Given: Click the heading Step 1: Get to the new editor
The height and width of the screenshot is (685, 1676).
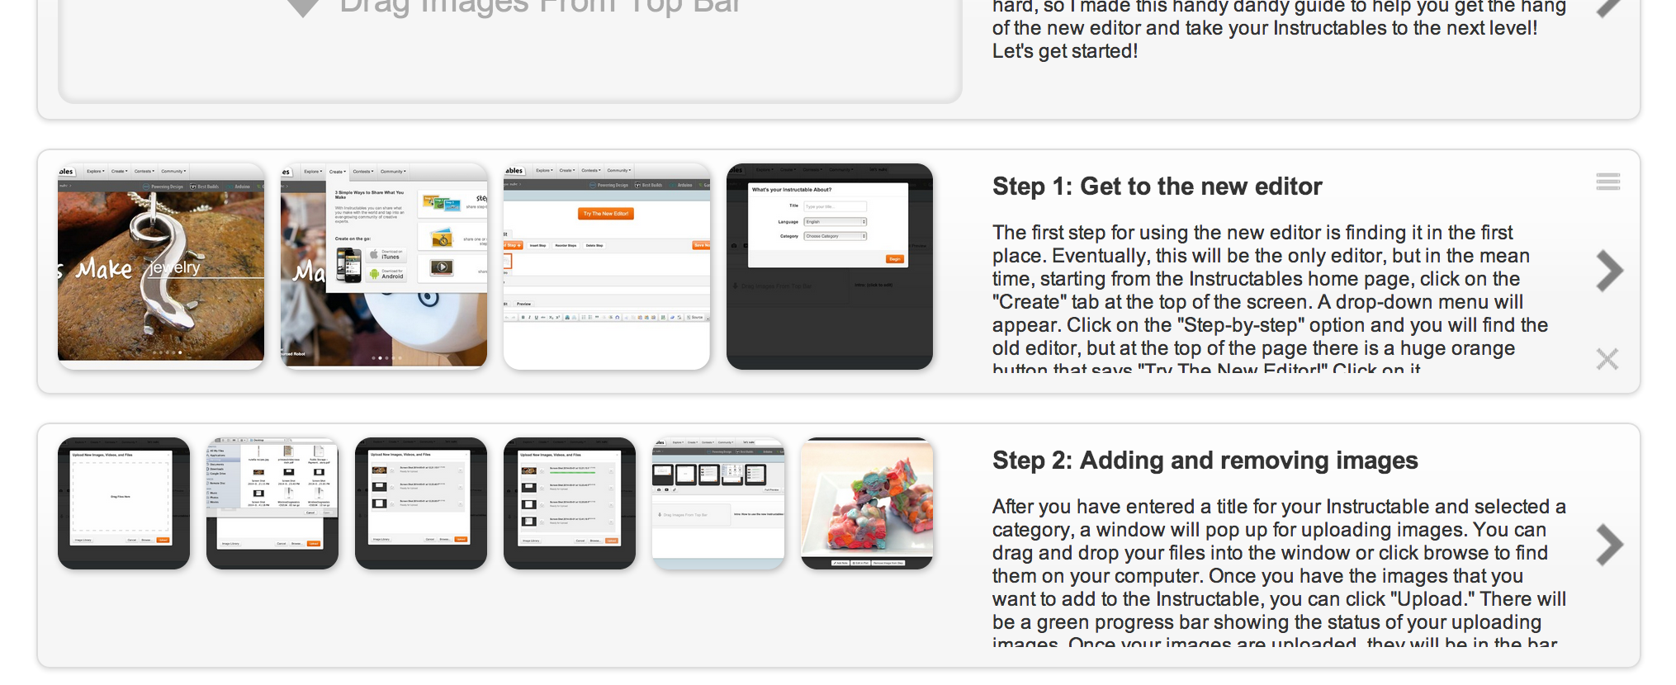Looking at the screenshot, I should click(x=1157, y=187).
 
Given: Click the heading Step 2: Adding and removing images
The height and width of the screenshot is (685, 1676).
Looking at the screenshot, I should click(x=1205, y=461).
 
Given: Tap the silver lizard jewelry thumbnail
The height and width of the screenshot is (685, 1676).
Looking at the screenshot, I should click(x=161, y=266).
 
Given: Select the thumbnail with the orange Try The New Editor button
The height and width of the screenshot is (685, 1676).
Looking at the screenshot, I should click(x=607, y=266).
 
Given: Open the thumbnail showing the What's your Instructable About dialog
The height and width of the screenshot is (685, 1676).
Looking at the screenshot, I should click(x=830, y=266).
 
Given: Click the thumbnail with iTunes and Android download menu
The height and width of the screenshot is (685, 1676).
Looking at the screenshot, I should click(x=384, y=266).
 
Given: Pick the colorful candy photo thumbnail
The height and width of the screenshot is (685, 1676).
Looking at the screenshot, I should click(x=867, y=503).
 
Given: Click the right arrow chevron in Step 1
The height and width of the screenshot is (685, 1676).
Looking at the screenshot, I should click(x=1608, y=271).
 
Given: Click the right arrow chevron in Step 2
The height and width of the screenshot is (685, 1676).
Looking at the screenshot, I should click(x=1608, y=545).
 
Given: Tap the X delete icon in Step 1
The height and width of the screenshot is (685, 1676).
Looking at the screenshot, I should click(x=1607, y=359).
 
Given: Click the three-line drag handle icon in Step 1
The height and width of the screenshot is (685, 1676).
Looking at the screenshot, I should click(x=1607, y=182).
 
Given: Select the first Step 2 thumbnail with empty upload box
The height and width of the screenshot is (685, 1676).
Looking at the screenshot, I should click(x=124, y=503).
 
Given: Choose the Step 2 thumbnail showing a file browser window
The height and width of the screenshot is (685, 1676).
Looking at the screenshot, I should click(x=272, y=503).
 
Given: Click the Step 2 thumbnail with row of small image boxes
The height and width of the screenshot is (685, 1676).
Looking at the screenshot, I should click(x=718, y=503).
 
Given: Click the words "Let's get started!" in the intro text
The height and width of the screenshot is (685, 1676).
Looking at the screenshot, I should click(x=1064, y=51).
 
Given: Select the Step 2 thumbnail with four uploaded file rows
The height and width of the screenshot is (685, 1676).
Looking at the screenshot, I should click(x=570, y=503).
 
